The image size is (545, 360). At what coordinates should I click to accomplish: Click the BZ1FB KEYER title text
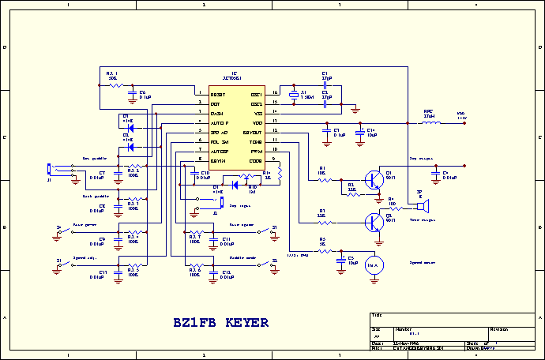[x=221, y=323]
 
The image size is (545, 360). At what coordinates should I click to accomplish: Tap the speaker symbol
[x=423, y=207]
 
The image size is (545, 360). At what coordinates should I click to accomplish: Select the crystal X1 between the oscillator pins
[x=292, y=98]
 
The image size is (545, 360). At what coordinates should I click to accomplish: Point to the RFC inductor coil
[x=430, y=122]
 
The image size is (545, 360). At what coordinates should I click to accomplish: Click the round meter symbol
[x=374, y=266]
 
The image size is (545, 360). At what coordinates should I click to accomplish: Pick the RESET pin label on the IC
[x=217, y=94]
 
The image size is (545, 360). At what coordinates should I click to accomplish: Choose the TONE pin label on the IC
[x=256, y=141]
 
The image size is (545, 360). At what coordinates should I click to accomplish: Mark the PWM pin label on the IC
[x=257, y=151]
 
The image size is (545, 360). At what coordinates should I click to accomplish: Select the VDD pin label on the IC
[x=257, y=122]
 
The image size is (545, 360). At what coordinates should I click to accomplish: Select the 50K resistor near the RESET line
[x=114, y=84]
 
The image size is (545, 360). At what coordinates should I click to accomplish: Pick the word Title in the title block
[x=376, y=315]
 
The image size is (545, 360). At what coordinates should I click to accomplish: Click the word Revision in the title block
[x=499, y=328]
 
